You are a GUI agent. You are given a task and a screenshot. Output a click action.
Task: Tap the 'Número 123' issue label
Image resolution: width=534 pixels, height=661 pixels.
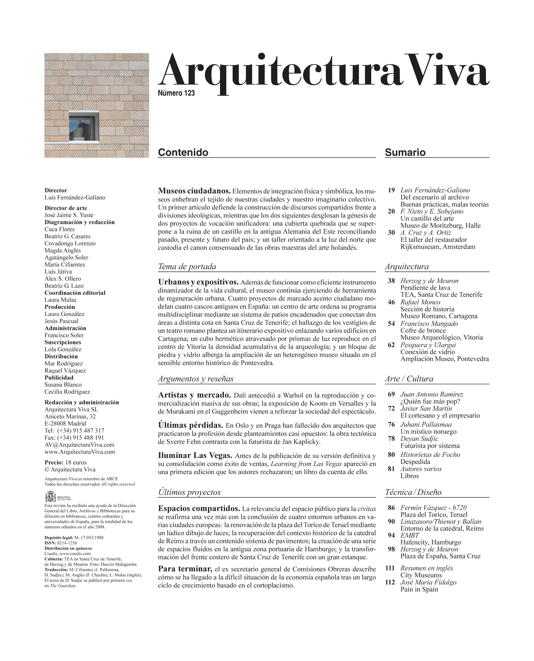click(x=176, y=93)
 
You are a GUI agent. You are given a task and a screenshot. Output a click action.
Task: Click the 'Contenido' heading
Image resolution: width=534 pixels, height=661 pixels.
click(x=183, y=152)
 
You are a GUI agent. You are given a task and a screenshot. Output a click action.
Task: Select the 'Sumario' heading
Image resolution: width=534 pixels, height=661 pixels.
click(x=405, y=152)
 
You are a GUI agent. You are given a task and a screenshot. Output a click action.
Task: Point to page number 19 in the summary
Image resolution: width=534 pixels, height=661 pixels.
click(x=391, y=190)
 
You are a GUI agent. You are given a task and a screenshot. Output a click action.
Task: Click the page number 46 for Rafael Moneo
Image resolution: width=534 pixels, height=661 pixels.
click(x=391, y=302)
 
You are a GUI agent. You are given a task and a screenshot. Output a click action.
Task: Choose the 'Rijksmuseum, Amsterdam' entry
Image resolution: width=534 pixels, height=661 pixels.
click(x=438, y=247)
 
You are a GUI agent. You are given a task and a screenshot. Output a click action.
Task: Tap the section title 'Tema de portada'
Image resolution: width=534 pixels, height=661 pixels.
click(x=187, y=267)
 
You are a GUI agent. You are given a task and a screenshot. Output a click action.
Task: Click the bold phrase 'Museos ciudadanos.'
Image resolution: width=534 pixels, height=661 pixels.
click(x=194, y=191)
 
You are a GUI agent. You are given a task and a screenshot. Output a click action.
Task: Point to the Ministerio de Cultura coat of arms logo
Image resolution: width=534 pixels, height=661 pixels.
click(x=50, y=497)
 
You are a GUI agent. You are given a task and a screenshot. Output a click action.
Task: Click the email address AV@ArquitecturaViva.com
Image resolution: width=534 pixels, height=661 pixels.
click(x=79, y=445)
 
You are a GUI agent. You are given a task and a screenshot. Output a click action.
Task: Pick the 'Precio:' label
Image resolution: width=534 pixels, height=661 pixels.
click(x=54, y=462)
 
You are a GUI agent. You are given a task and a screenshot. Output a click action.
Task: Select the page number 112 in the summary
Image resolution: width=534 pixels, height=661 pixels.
click(x=390, y=582)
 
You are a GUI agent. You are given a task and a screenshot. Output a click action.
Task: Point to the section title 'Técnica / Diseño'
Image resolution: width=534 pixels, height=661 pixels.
click(x=413, y=492)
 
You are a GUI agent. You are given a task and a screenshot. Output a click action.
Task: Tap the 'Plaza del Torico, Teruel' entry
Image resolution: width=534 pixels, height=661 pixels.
click(x=434, y=515)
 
